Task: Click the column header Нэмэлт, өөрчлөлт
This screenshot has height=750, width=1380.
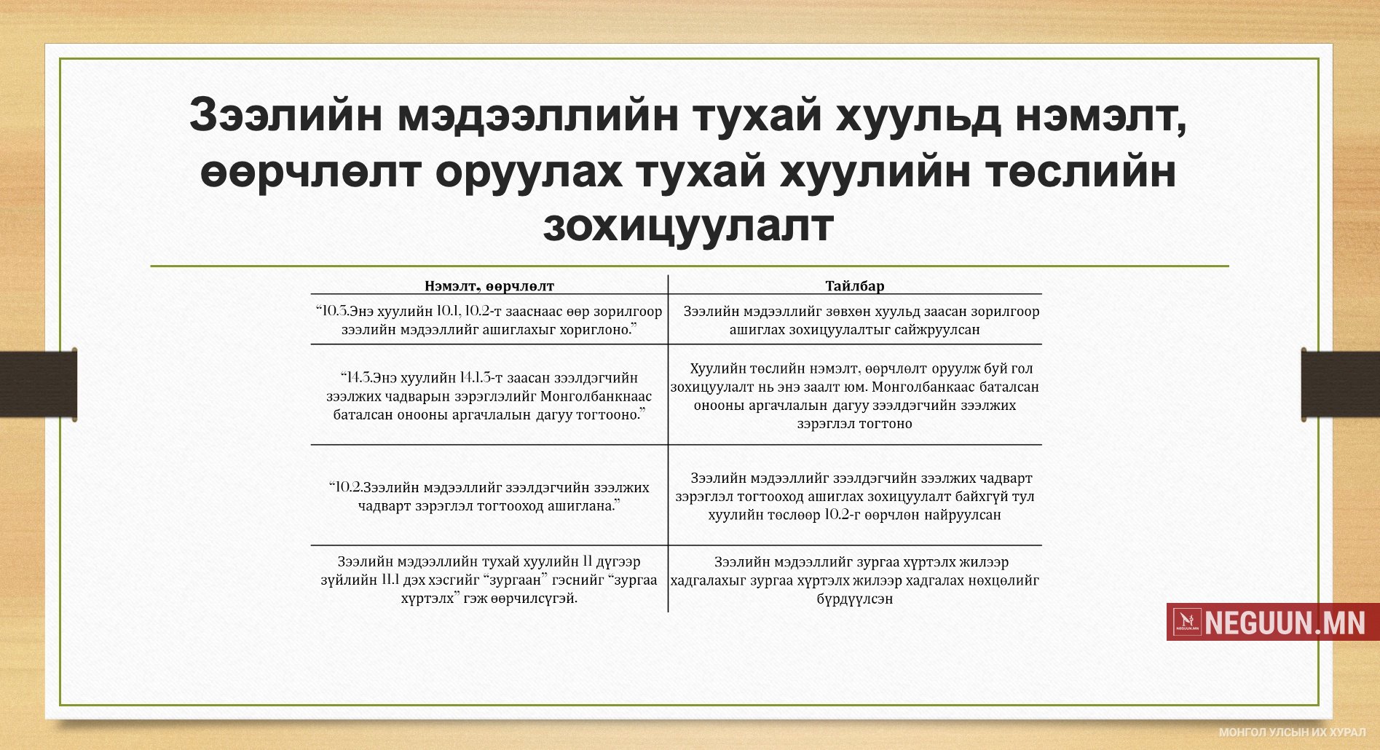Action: (x=489, y=286)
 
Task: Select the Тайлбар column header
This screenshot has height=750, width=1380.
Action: (x=855, y=286)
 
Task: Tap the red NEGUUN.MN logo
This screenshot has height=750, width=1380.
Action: (x=1273, y=622)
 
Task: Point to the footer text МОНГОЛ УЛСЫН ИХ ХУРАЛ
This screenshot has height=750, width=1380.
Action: (x=1292, y=733)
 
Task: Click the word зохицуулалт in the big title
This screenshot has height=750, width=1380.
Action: (x=688, y=226)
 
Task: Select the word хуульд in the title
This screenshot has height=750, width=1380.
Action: (x=918, y=117)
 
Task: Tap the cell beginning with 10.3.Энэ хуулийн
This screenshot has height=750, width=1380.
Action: (x=489, y=320)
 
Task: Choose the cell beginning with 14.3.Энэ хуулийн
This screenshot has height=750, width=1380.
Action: (x=489, y=396)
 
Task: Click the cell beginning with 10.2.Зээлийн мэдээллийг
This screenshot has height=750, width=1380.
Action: (x=489, y=497)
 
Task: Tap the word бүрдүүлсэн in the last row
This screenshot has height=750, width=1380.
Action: (x=855, y=599)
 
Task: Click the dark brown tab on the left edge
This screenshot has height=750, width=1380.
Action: (x=39, y=384)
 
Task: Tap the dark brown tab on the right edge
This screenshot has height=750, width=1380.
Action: (x=1341, y=384)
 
